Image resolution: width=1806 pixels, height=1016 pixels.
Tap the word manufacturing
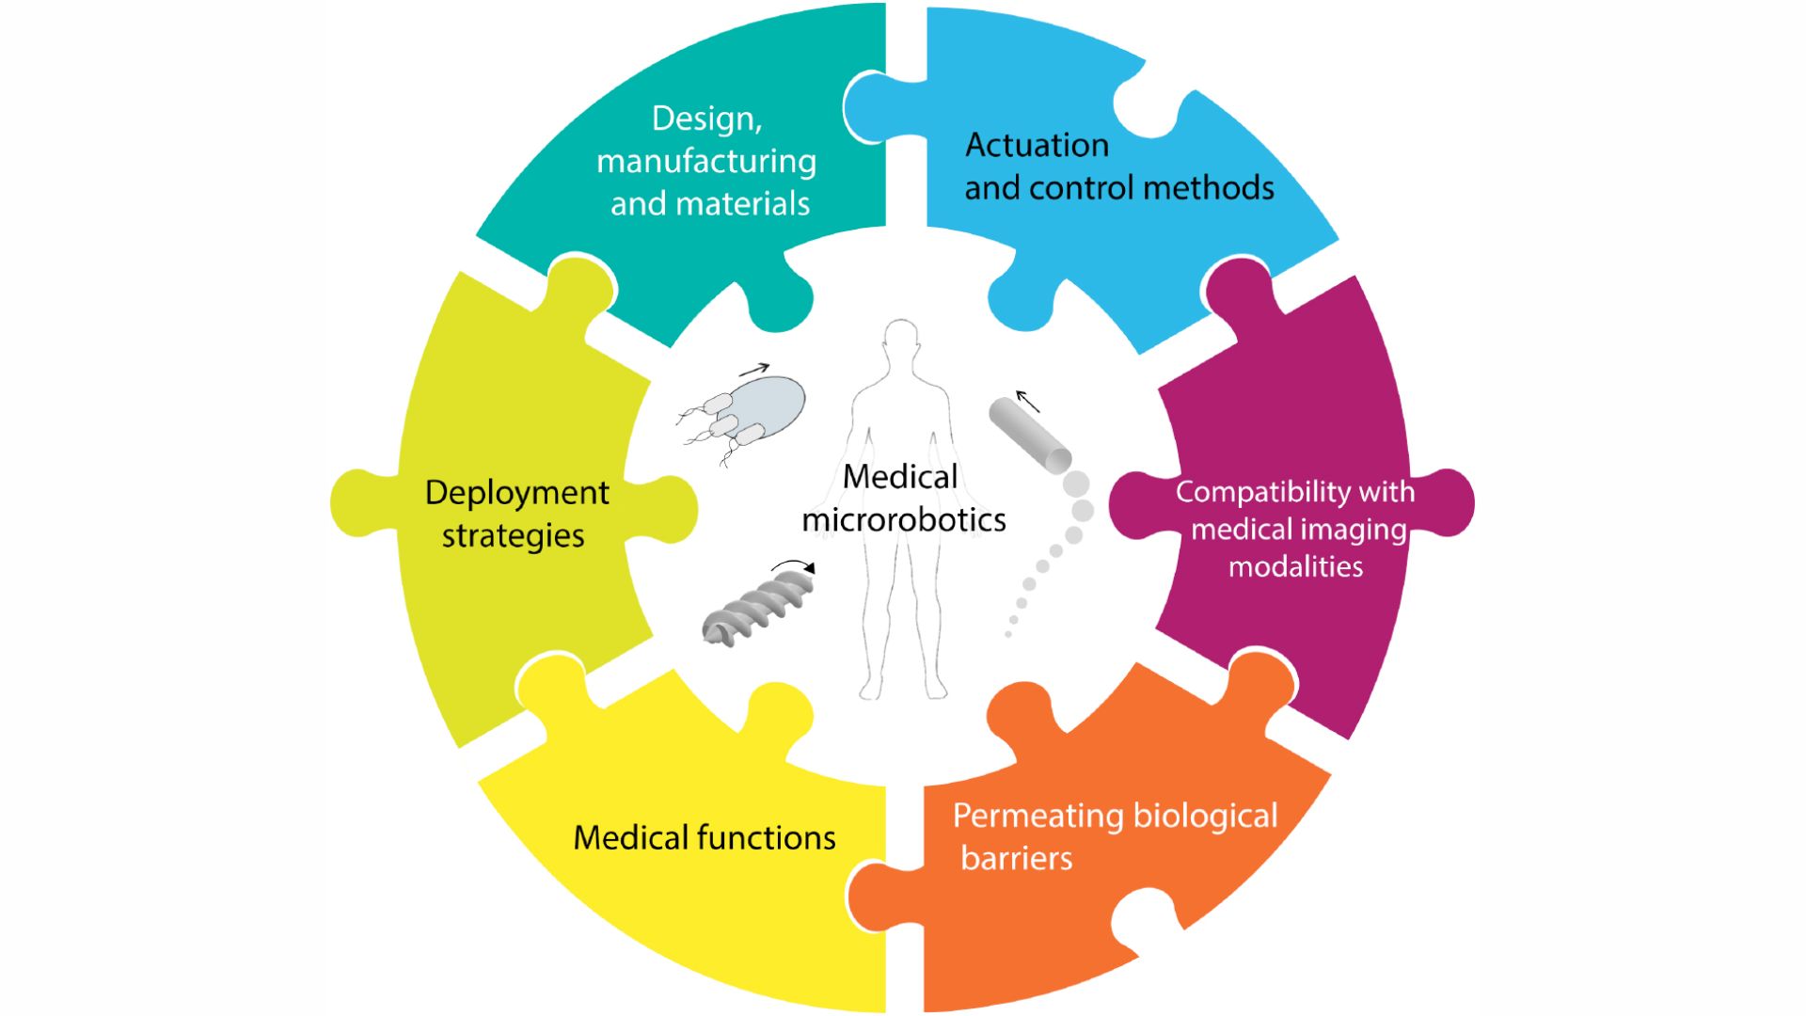pos(705,162)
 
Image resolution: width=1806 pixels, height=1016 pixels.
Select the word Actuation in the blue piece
pos(1037,146)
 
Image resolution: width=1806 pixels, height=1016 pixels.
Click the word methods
pos(1209,188)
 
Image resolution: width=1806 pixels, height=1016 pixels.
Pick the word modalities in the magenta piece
pos(1295,566)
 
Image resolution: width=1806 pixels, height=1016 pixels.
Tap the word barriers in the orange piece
pos(1016,858)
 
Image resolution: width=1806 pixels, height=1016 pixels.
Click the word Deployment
pos(516,493)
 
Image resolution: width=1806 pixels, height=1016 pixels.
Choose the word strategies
pos(513,535)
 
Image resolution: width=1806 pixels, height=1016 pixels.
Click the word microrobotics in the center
pos(903,519)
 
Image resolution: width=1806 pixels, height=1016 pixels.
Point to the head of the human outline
pos(901,341)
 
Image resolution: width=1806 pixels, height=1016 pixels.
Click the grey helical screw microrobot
pos(757,611)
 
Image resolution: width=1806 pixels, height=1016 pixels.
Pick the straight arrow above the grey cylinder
pos(1027,402)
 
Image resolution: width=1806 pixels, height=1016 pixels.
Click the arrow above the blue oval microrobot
pos(754,370)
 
